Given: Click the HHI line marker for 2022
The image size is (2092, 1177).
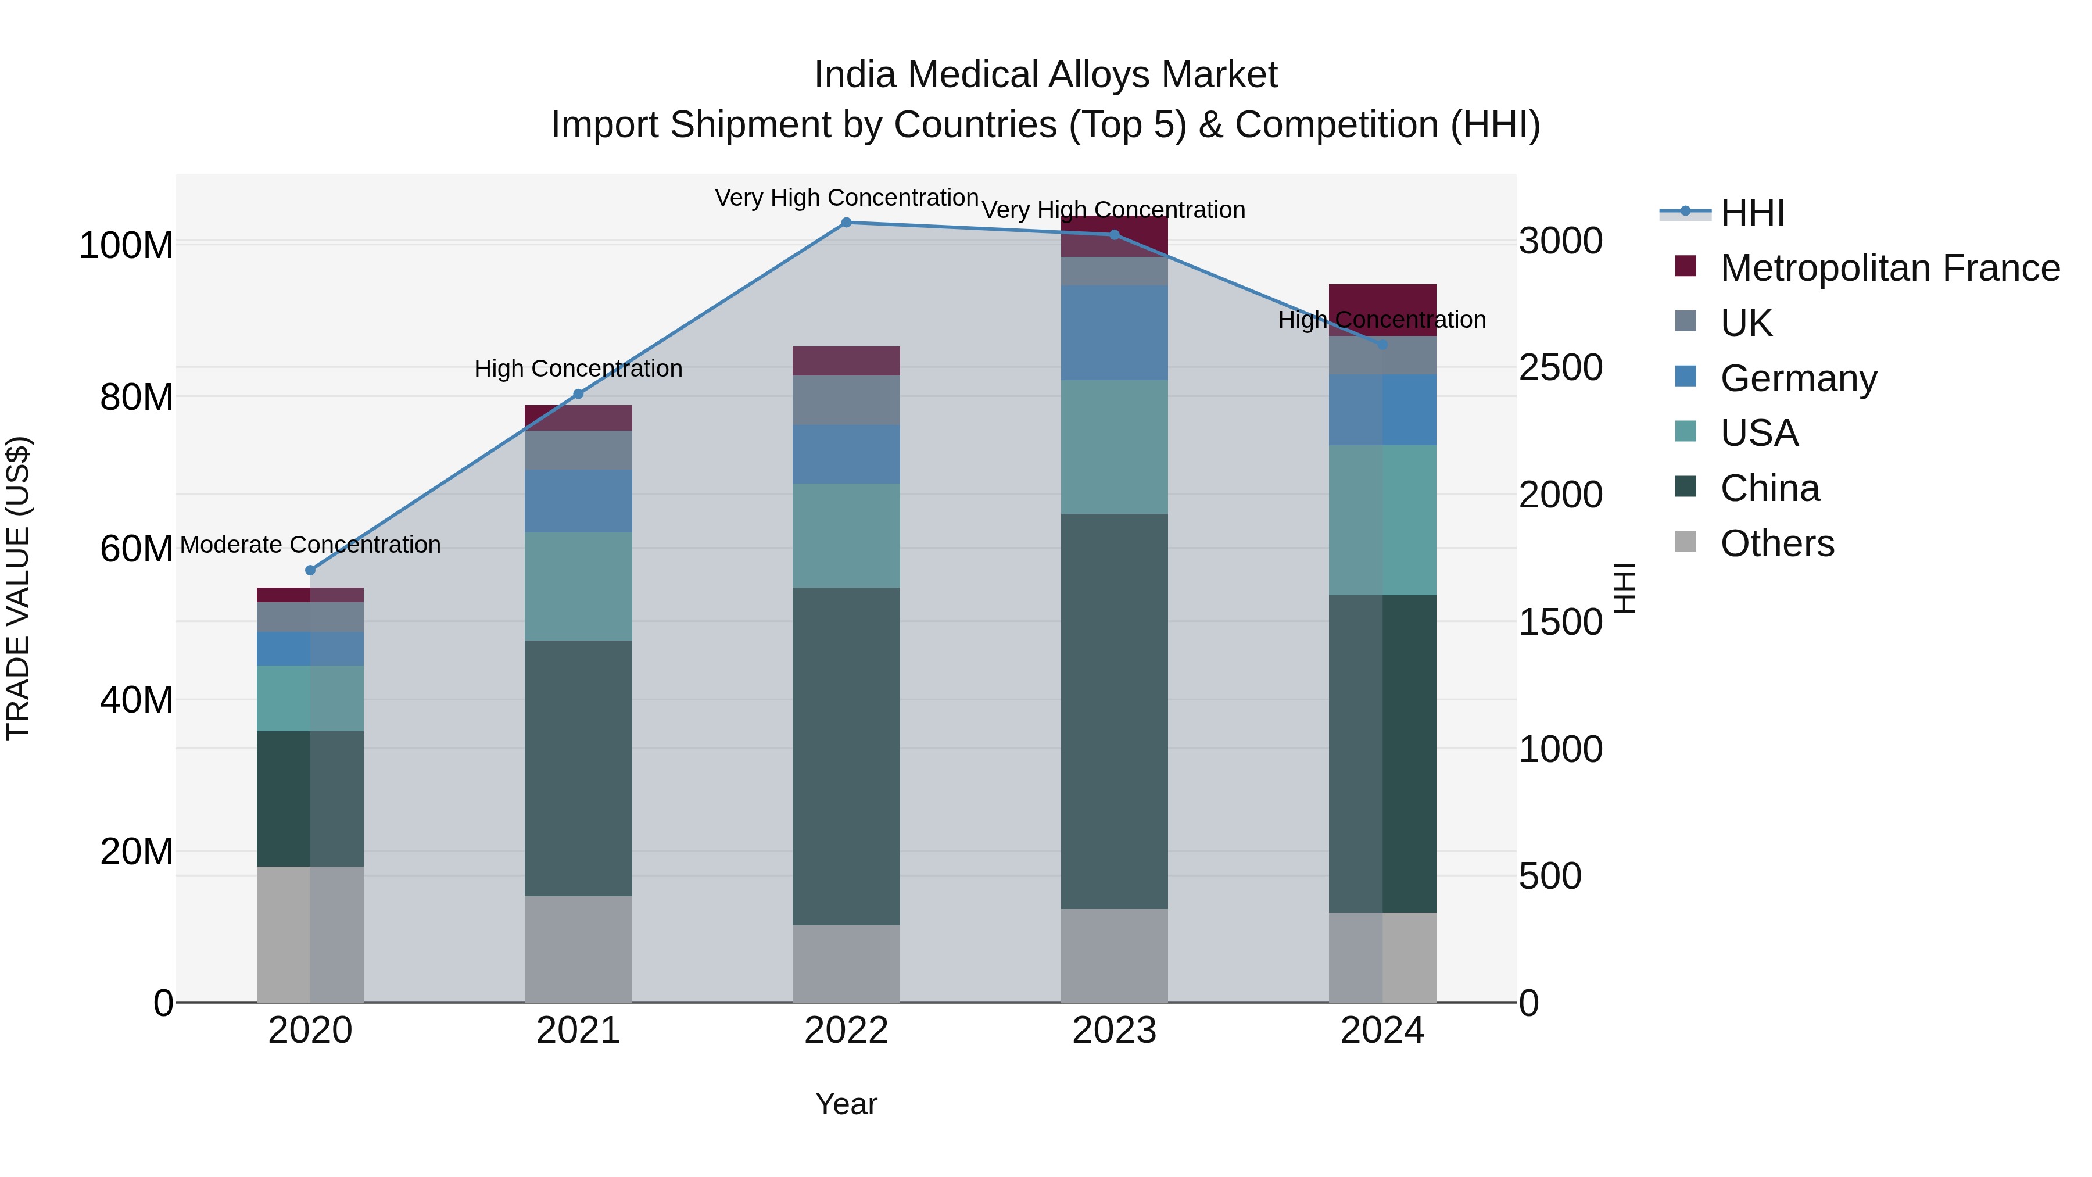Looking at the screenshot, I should click(x=846, y=223).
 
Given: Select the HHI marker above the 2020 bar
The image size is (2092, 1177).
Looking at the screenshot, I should click(x=310, y=570).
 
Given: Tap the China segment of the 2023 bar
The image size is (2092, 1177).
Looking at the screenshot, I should click(x=1114, y=711).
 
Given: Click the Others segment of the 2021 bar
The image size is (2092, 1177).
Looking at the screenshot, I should click(x=578, y=949).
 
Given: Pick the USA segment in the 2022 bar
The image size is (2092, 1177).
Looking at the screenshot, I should click(x=846, y=535).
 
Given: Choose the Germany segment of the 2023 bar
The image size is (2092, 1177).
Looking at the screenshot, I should click(x=1114, y=333).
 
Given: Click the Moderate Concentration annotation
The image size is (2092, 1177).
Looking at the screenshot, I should click(x=310, y=544).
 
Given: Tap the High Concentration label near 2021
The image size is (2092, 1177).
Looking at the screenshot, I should click(x=578, y=369).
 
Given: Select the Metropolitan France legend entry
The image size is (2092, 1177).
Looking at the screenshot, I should click(x=1889, y=268).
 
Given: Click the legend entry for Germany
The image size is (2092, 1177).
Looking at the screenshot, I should click(x=1798, y=378).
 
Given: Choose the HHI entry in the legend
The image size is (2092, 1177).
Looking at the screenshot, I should click(x=1751, y=213).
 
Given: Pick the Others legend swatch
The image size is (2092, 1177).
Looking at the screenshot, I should click(x=1686, y=542).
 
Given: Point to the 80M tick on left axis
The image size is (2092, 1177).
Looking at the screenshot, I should click(x=137, y=397).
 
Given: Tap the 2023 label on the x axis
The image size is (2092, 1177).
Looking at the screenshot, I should click(x=1114, y=1031).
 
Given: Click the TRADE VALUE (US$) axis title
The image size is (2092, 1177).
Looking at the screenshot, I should click(x=18, y=588).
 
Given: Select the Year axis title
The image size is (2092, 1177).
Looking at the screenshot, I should click(x=846, y=1104).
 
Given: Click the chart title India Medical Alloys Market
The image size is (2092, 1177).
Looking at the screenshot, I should click(x=1045, y=75).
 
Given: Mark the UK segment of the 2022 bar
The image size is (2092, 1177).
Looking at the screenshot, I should click(x=846, y=400).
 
